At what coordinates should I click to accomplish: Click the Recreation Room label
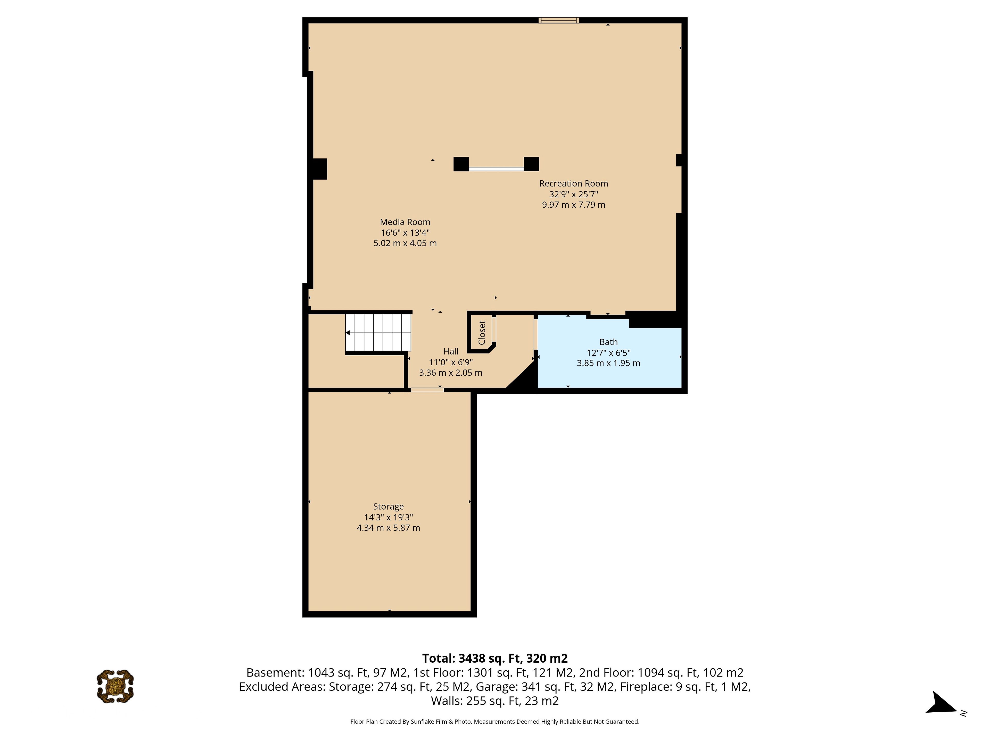click(573, 183)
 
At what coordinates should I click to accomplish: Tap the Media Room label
click(405, 222)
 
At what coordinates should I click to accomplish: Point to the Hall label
click(451, 351)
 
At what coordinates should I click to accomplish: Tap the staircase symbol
click(378, 333)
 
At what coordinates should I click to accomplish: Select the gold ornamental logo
click(115, 686)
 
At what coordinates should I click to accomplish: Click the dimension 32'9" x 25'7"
click(573, 194)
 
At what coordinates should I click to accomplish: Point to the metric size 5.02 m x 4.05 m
click(405, 243)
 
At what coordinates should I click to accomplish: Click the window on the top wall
click(559, 20)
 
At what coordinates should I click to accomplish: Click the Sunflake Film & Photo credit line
click(494, 721)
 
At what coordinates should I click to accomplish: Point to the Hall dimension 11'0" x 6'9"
click(451, 362)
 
